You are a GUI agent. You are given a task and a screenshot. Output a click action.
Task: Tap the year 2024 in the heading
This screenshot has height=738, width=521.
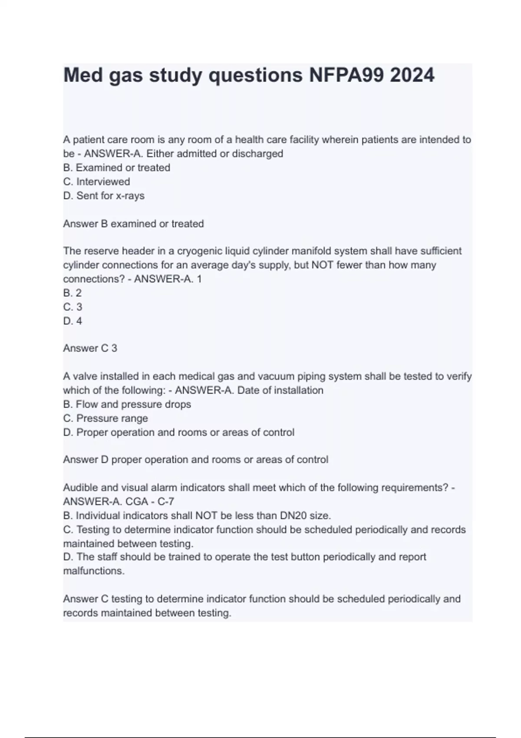(412, 76)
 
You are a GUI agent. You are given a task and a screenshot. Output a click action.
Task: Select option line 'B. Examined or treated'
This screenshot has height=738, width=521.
(116, 168)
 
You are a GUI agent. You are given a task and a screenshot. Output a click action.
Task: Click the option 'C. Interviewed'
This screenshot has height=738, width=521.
(96, 181)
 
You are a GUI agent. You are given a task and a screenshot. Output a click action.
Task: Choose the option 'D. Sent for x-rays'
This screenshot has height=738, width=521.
(104, 196)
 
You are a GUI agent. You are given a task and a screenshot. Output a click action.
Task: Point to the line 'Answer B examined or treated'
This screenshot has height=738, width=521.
(133, 224)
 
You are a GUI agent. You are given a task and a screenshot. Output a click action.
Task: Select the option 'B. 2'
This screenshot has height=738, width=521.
(73, 293)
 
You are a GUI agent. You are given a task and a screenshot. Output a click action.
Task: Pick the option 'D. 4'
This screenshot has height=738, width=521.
(73, 321)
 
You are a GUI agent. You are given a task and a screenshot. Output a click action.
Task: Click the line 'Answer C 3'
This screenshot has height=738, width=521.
(90, 348)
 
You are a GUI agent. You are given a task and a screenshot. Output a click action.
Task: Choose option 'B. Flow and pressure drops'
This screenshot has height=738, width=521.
(127, 404)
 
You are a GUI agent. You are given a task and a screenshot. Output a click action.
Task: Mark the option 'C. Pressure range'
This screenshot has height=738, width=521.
(106, 418)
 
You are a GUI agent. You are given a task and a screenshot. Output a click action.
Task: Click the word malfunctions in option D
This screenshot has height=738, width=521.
(93, 571)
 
